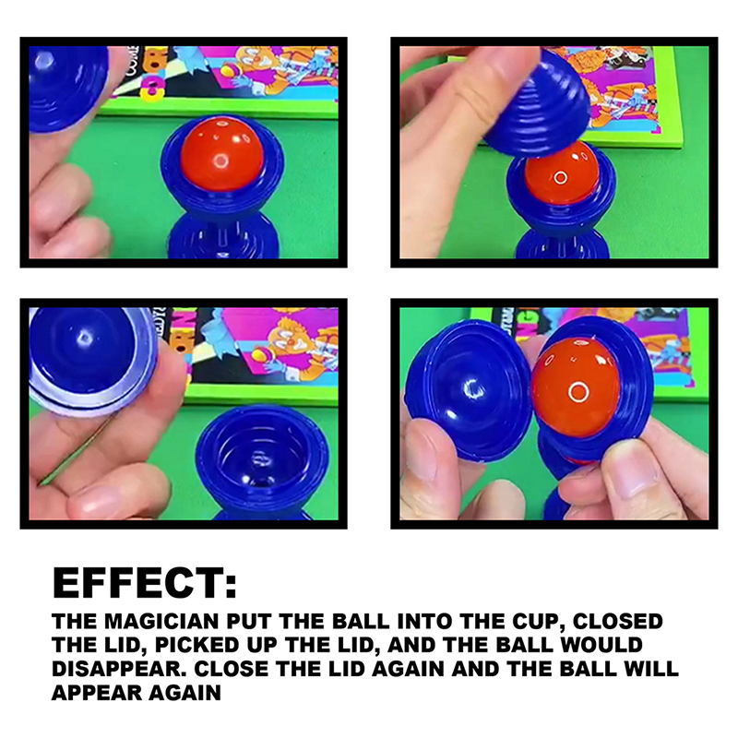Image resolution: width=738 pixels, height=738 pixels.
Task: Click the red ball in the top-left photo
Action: coord(222,153)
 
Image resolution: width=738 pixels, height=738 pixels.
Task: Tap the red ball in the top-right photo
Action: coord(562,174)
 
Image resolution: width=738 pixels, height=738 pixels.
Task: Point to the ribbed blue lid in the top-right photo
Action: coord(537,106)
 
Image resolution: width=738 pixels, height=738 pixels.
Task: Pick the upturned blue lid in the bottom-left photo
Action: coord(92,360)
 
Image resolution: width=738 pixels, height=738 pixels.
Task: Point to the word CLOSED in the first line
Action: coord(618,621)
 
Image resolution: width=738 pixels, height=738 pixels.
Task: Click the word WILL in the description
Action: coord(651,669)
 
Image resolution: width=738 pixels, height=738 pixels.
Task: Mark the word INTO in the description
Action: coord(425,621)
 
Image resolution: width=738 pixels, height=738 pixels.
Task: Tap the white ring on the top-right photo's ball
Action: coord(561,177)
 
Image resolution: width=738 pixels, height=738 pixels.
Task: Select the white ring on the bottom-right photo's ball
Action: coord(578,391)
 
